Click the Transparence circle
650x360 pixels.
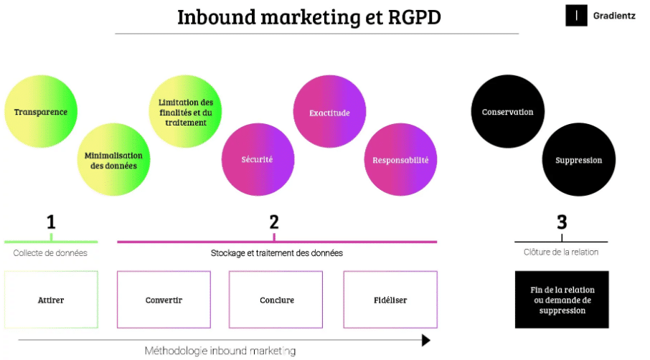[x=41, y=112]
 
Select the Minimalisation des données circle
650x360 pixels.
[x=113, y=160]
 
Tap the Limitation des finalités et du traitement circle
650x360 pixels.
[x=186, y=112]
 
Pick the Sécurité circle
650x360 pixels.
[x=257, y=159]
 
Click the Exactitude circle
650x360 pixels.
[x=329, y=113]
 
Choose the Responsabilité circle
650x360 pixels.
[x=400, y=160]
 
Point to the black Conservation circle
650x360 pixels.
[x=507, y=112]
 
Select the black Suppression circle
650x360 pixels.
[x=578, y=160]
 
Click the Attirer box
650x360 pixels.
[x=51, y=300]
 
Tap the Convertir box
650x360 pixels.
[x=164, y=300]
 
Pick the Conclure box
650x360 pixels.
[x=277, y=300]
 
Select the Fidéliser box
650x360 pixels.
[x=390, y=300]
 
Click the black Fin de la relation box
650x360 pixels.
[x=562, y=300]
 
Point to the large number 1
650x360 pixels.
[x=51, y=222]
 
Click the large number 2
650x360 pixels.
[x=274, y=222]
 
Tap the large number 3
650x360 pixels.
[x=562, y=222]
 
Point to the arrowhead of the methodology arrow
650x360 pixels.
[x=425, y=340]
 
